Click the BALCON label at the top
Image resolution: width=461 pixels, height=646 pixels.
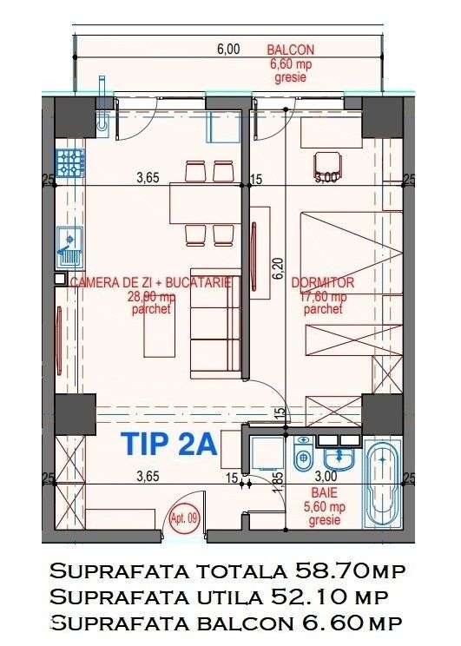tap(291, 50)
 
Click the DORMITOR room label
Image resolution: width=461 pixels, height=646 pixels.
tap(323, 283)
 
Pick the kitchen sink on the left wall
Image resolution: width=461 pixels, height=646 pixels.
tap(68, 245)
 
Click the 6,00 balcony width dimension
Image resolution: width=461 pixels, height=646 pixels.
tap(227, 49)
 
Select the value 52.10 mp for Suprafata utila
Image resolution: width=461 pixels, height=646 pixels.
tap(331, 597)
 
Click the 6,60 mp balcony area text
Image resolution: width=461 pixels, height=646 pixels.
tap(291, 63)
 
